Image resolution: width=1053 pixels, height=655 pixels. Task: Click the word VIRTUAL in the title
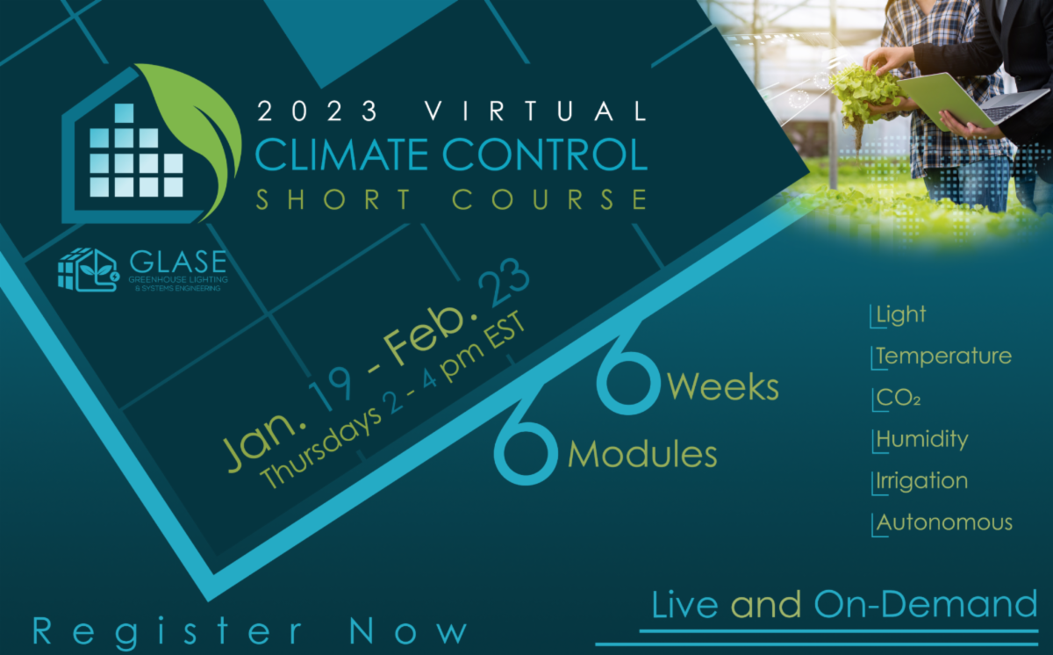pyautogui.click(x=535, y=112)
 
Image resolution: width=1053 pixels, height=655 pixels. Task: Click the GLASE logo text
pyautogui.click(x=177, y=263)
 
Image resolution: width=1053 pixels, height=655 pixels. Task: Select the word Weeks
pyautogui.click(x=724, y=386)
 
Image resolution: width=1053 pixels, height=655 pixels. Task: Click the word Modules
pyautogui.click(x=642, y=454)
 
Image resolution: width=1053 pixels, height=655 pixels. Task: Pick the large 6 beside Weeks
pyautogui.click(x=628, y=373)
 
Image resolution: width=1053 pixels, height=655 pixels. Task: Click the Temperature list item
pyautogui.click(x=943, y=356)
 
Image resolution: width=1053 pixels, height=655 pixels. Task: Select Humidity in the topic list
pyautogui.click(x=921, y=439)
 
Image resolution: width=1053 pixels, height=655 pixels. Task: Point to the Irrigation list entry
pyautogui.click(x=921, y=481)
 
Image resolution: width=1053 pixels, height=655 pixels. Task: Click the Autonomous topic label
pyautogui.click(x=944, y=522)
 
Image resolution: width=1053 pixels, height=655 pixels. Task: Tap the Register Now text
pyautogui.click(x=251, y=632)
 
